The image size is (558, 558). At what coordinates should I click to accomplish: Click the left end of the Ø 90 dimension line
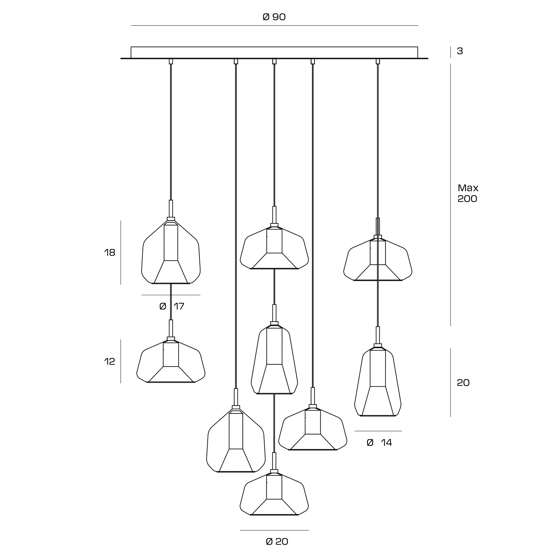tap(131, 26)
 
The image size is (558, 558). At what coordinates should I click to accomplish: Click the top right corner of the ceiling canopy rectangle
tap(418, 47)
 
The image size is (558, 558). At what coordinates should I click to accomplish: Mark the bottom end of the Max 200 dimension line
tap(451, 326)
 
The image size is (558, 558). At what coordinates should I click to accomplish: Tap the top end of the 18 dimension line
tap(121, 221)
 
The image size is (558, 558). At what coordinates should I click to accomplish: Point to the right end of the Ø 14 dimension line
tap(402, 431)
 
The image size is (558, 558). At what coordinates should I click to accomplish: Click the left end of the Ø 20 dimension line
tap(240, 530)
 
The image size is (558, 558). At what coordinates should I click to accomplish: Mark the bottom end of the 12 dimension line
tap(121, 383)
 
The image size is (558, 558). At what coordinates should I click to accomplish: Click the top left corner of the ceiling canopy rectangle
tap(131, 47)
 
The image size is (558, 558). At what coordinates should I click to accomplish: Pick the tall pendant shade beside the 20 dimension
tap(378, 380)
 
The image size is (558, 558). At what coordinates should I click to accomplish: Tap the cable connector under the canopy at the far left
tap(171, 61)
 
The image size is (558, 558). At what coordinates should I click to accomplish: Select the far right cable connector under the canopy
tap(378, 61)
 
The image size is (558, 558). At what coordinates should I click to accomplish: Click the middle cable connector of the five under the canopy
tap(274, 61)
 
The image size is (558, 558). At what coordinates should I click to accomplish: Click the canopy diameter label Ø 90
tap(274, 17)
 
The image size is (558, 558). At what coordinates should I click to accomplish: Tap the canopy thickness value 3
tap(460, 51)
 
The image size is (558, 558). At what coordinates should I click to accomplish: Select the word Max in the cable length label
tap(468, 188)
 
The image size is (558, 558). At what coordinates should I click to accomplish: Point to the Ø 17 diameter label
tap(172, 306)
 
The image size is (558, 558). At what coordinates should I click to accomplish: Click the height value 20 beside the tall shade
tap(463, 383)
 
